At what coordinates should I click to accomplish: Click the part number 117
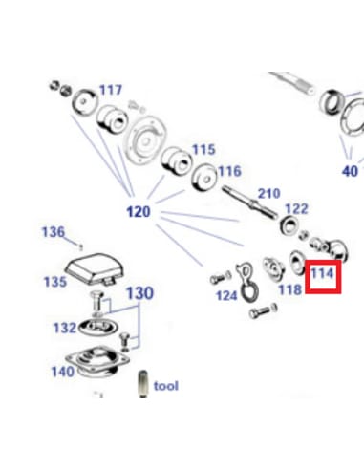[x=111, y=90]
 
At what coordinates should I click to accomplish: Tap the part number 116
[x=229, y=171]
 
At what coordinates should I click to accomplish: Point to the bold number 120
[x=139, y=210]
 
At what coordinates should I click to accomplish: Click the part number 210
[x=268, y=194]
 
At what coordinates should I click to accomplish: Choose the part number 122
[x=296, y=208]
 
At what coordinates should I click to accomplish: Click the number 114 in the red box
[x=324, y=272]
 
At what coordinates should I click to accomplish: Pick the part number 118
[x=289, y=288]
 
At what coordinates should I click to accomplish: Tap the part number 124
[x=225, y=295]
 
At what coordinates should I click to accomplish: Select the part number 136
[x=52, y=231]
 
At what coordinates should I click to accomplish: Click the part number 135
[x=54, y=282]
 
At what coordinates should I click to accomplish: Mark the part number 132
[x=64, y=328]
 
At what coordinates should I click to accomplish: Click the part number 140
[x=62, y=372]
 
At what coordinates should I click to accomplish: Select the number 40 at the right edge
[x=350, y=171]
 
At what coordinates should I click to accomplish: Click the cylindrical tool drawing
[x=143, y=384]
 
